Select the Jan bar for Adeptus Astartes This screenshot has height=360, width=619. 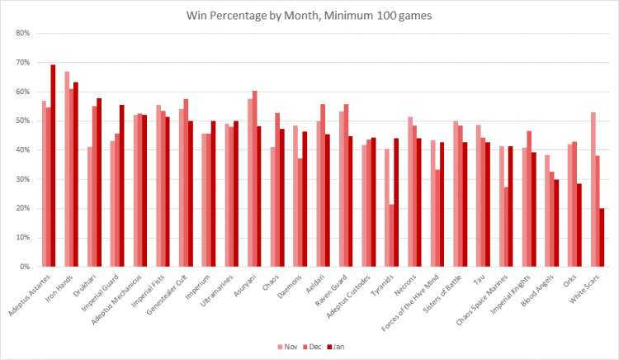click(x=53, y=165)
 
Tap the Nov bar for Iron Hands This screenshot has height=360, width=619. click(x=67, y=169)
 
